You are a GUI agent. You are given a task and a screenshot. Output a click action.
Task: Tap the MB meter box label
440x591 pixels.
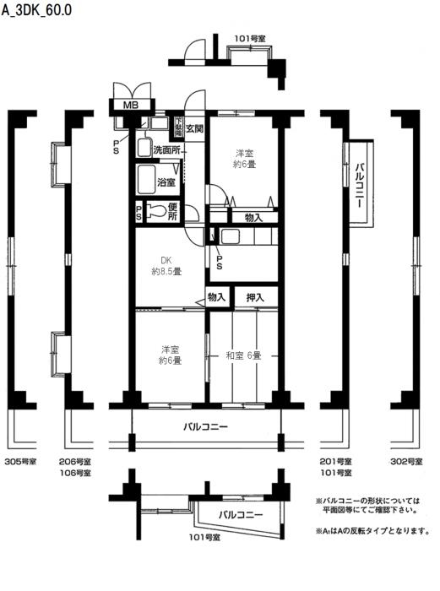click(x=130, y=106)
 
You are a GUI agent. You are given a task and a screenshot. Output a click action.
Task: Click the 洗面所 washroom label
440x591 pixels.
click(x=166, y=150)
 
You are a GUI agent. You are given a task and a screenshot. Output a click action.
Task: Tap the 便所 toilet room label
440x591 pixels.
click(x=172, y=211)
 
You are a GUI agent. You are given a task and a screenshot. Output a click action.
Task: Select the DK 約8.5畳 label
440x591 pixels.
click(x=166, y=267)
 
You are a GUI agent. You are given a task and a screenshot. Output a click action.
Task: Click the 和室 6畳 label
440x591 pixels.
click(x=243, y=355)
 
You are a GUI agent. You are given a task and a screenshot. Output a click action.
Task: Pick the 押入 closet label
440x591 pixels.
click(x=255, y=297)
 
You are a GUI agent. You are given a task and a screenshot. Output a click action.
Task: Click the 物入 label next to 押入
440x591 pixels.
click(x=217, y=297)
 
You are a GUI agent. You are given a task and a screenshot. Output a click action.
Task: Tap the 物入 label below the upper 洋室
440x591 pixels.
click(x=253, y=218)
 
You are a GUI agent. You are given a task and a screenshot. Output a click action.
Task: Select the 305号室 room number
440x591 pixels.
click(x=21, y=462)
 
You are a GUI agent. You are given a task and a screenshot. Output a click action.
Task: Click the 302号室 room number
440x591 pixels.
click(x=405, y=462)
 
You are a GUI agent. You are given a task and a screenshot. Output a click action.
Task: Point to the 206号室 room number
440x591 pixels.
click(x=75, y=462)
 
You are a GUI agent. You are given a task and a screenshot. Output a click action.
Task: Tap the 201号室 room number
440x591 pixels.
click(x=336, y=462)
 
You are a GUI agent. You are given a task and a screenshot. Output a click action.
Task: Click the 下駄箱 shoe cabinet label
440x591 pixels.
click(x=178, y=127)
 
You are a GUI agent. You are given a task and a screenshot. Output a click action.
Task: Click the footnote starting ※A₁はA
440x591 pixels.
click(x=372, y=531)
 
